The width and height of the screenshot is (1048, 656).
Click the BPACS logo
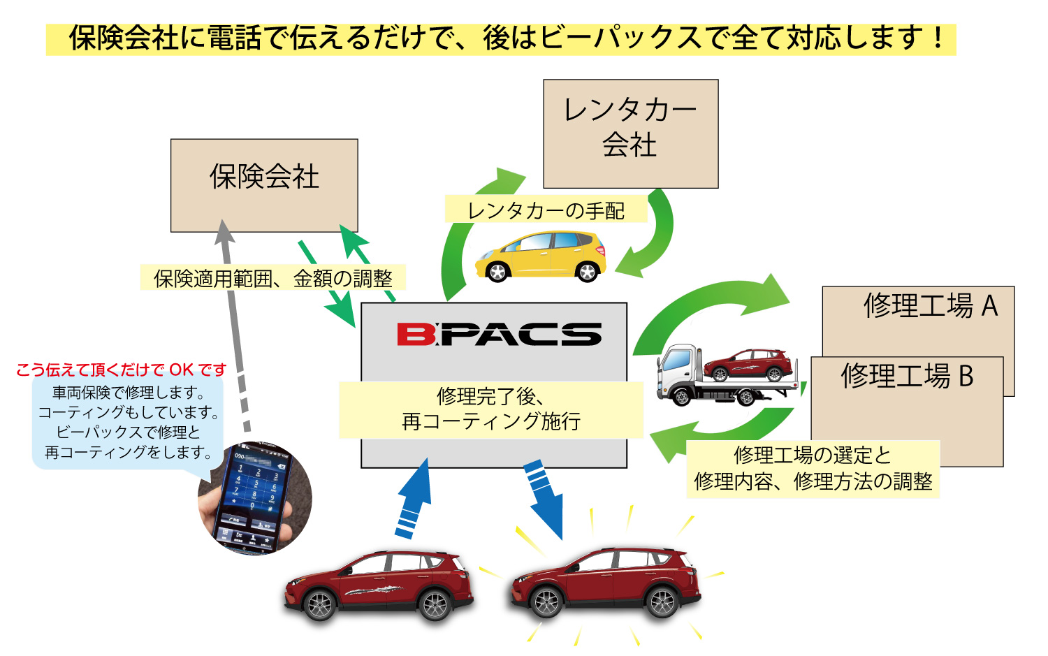499,334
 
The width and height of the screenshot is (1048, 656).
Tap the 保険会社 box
264,185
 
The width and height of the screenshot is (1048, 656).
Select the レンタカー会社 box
630,133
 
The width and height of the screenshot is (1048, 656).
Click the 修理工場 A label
930,306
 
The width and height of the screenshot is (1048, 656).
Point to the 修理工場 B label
907,376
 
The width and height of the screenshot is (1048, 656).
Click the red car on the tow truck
748,365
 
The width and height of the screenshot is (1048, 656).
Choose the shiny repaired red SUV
606,583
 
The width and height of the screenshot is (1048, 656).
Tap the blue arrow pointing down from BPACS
544,497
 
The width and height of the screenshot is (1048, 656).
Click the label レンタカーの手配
546,210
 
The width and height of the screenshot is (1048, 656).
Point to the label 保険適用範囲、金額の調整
273,279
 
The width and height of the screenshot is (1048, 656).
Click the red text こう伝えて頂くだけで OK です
122,370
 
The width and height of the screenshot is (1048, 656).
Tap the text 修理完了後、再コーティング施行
490,409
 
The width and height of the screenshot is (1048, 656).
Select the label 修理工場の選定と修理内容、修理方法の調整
813,469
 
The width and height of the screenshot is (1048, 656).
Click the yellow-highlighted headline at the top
501,38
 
